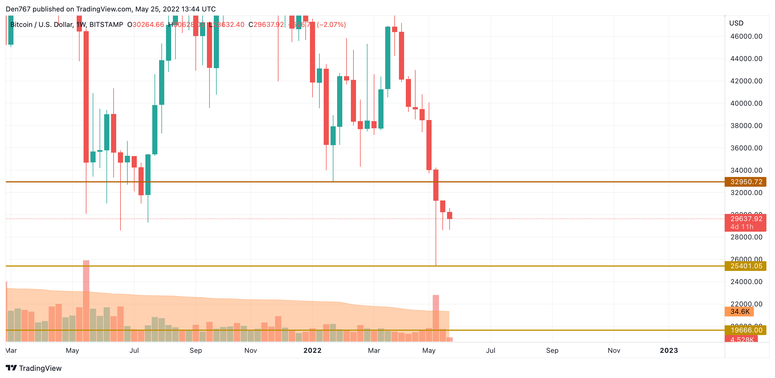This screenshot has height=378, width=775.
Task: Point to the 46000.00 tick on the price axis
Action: coord(746,36)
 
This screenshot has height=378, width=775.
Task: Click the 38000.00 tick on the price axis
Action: coord(746,125)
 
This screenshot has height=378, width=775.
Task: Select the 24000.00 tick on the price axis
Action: coord(746,282)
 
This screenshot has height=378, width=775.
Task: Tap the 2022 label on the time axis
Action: coord(312,350)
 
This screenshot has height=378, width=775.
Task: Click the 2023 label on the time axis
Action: coord(669,350)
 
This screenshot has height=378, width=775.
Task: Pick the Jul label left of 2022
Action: coord(134,350)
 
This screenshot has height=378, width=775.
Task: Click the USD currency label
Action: coord(736,23)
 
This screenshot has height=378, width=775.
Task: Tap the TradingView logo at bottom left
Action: coord(34,368)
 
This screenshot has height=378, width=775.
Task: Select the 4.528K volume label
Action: coord(741,339)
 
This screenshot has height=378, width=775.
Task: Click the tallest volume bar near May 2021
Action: coord(86,301)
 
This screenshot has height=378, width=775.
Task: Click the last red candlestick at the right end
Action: coord(450,215)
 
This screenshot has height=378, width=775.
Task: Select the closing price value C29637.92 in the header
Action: coord(266,25)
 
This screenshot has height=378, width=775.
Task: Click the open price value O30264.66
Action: coord(146,25)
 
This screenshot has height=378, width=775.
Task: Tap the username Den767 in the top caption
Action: coord(18,9)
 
